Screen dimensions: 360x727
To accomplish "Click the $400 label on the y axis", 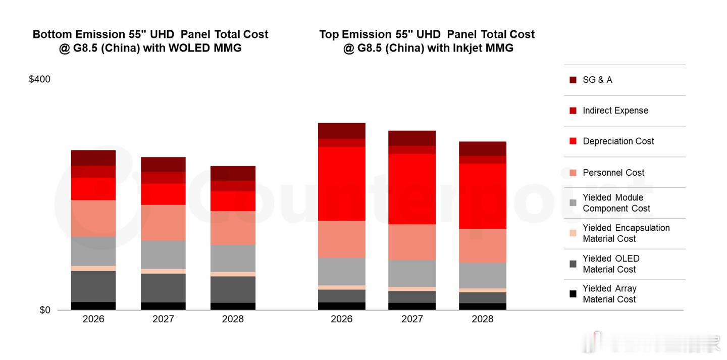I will [x=39, y=79].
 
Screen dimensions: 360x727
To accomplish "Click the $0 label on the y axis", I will [x=45, y=310].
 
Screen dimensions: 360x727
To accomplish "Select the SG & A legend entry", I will [x=597, y=80].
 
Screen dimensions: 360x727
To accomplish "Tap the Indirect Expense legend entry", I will [x=615, y=111].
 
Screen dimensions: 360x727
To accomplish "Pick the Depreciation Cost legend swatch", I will [x=573, y=141].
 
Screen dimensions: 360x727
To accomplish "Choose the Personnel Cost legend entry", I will [x=613, y=173].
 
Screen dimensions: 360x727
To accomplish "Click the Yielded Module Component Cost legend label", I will [x=616, y=203].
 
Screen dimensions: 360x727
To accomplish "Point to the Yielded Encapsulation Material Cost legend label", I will [x=626, y=233].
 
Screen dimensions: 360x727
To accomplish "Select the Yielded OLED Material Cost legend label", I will [x=611, y=264].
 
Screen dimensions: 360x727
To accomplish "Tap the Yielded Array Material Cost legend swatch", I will [x=573, y=294].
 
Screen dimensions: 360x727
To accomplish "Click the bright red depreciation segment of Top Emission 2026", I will [x=341, y=184].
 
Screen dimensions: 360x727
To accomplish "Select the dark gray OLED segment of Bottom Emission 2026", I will [x=93, y=286].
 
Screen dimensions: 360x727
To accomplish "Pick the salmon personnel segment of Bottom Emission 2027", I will [x=163, y=223].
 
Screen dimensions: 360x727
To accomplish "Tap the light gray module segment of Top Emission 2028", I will [x=482, y=275].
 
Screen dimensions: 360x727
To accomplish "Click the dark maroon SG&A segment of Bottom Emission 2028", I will [x=233, y=173].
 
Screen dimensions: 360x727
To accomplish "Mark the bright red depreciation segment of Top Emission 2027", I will [x=411, y=189].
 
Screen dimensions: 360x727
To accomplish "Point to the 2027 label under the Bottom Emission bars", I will [x=163, y=319].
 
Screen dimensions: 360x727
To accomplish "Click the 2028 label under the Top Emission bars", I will [x=482, y=319].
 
